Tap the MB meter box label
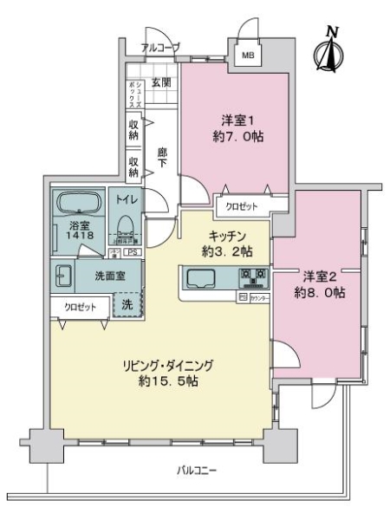[248, 57]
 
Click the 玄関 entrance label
[159, 83]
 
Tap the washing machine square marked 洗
[127, 305]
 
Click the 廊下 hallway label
[160, 161]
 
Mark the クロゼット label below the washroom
[78, 305]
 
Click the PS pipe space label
[133, 252]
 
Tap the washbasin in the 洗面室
[62, 278]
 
